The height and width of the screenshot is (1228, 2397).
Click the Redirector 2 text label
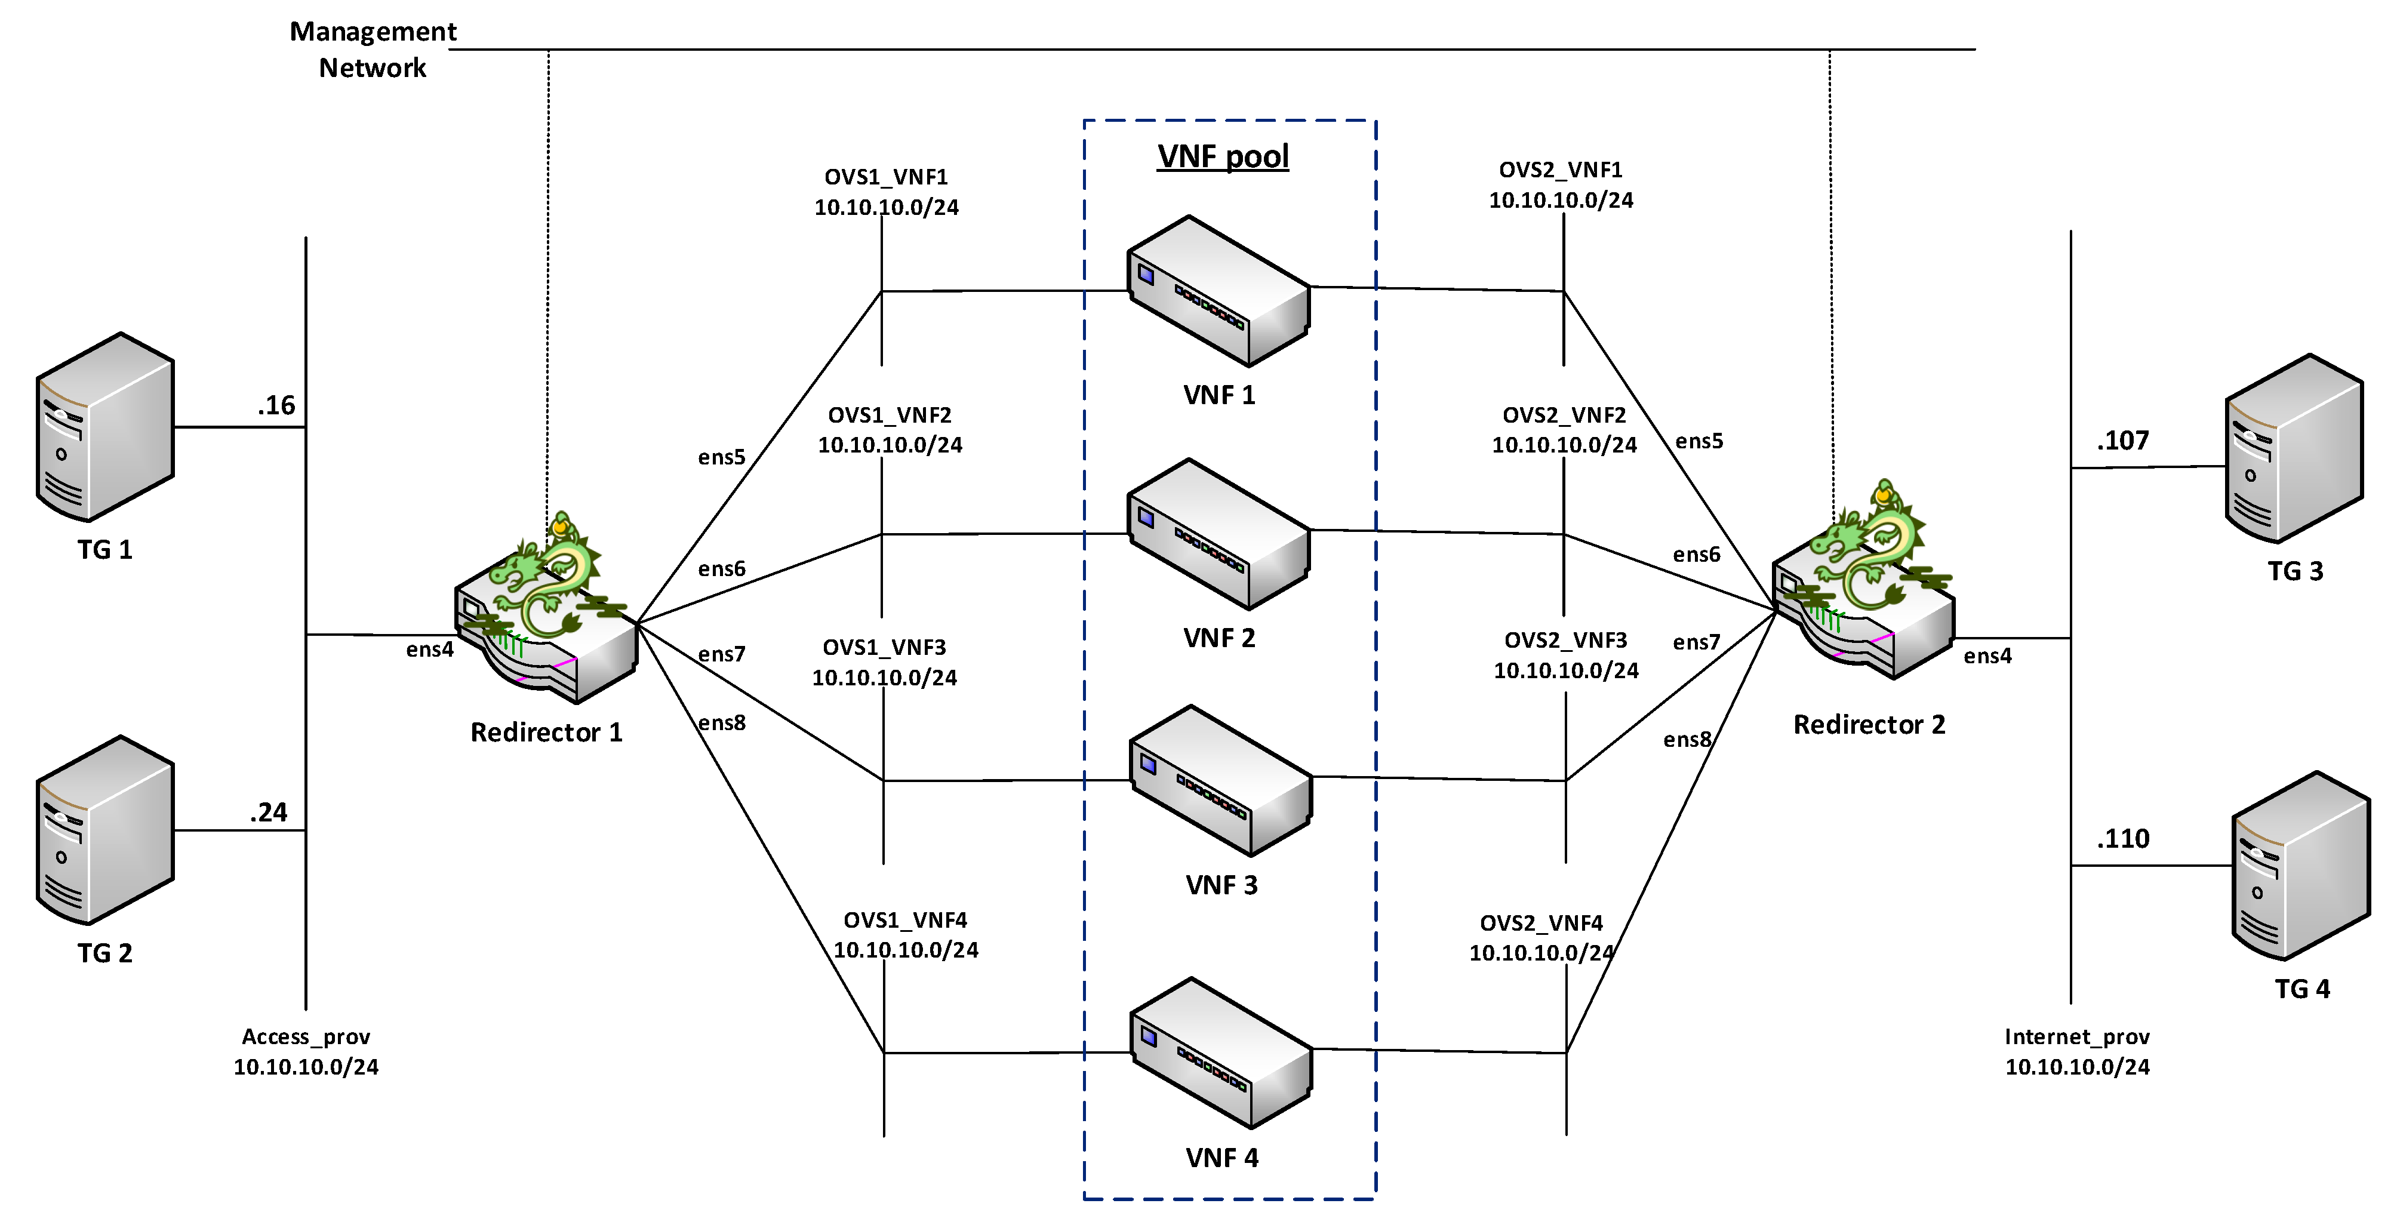click(x=1869, y=725)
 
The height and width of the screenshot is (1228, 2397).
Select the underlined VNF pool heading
click(x=1223, y=156)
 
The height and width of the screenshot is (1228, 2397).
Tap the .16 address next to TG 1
click(x=276, y=405)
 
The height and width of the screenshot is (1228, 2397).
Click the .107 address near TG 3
click(x=2122, y=441)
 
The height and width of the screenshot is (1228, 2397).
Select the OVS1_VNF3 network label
click(x=884, y=661)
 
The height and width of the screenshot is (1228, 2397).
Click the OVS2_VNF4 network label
click(x=1542, y=938)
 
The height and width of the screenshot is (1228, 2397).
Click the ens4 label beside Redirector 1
click(x=429, y=650)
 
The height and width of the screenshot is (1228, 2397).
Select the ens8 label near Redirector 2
click(x=1687, y=740)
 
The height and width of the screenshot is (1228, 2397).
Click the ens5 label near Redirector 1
click(x=721, y=457)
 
